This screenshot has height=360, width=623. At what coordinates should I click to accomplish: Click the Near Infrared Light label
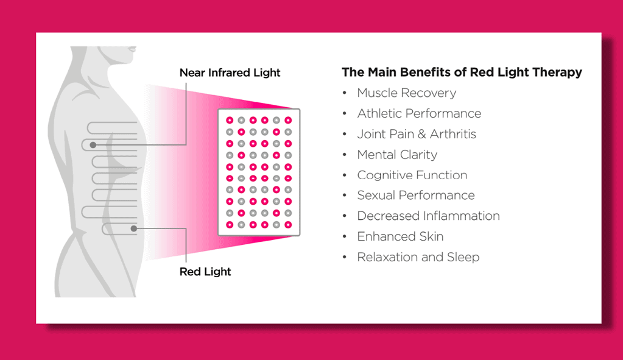[230, 73]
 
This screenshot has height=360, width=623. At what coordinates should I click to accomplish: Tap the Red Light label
[205, 272]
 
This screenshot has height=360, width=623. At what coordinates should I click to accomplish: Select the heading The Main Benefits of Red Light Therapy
[462, 72]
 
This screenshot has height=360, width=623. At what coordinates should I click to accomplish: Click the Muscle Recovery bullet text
[406, 93]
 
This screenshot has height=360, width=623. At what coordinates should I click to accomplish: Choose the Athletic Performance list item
[419, 114]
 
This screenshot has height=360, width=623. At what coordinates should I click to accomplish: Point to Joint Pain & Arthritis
[417, 134]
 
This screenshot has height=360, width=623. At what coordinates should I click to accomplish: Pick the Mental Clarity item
[397, 155]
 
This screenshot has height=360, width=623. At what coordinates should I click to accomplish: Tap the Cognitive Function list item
[412, 175]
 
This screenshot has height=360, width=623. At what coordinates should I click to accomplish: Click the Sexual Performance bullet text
[416, 196]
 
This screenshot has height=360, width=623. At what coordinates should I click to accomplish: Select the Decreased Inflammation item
[428, 216]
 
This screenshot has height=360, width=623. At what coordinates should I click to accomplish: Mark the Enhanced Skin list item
[400, 237]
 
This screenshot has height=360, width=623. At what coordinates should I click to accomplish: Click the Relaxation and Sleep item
[418, 257]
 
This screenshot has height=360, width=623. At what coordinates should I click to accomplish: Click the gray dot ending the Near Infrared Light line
[93, 145]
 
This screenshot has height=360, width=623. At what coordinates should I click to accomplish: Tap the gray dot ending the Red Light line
[134, 228]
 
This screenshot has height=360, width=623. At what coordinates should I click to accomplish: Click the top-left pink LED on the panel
[230, 120]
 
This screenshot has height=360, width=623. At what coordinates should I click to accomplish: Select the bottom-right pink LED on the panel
[288, 225]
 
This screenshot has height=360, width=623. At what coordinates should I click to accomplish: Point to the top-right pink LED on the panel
[288, 120]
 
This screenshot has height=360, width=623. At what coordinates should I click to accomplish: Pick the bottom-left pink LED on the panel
[230, 225]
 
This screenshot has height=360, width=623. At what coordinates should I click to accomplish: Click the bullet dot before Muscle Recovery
[345, 93]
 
